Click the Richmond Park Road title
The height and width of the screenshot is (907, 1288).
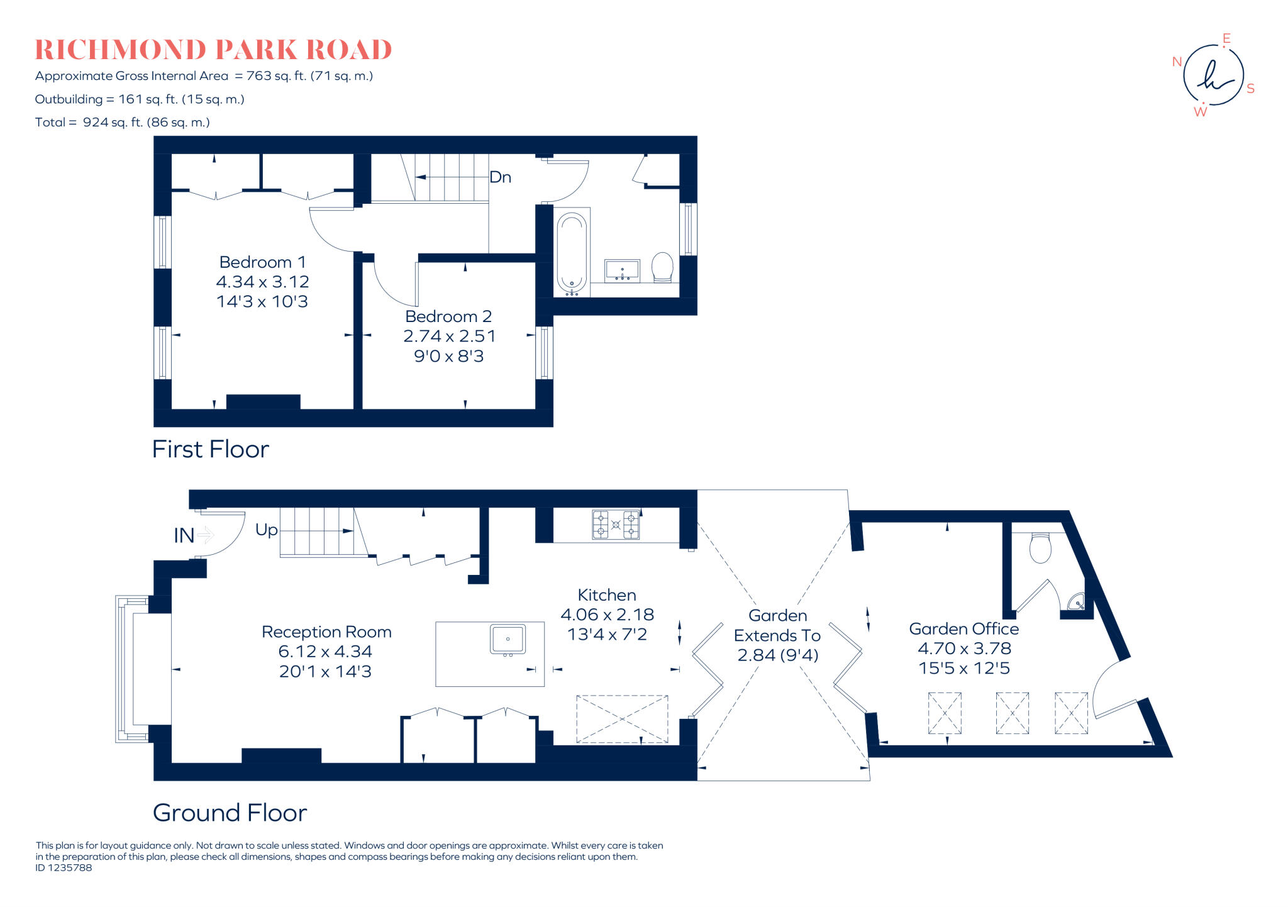[x=213, y=50]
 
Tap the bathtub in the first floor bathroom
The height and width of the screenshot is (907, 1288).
[x=571, y=253]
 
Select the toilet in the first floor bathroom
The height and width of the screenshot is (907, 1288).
[x=662, y=267]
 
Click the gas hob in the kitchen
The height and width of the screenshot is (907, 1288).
[x=616, y=525]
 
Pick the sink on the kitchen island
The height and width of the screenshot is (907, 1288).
[x=508, y=640]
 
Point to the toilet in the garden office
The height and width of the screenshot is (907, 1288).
[x=1040, y=547]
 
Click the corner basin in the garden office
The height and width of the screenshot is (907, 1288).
[x=1077, y=602]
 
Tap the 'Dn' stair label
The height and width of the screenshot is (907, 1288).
[x=500, y=177]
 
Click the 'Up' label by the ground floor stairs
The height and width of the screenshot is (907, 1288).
[x=266, y=530]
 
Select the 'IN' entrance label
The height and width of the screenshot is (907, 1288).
[x=184, y=536]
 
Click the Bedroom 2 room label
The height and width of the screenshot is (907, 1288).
[x=448, y=316]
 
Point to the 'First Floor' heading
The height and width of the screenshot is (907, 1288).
[x=210, y=449]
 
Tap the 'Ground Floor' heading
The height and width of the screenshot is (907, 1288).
[x=230, y=813]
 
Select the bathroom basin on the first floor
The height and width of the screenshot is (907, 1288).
[x=622, y=271]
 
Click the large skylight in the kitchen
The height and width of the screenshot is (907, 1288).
[x=622, y=718]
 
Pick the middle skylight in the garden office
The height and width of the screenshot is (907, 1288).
[x=1012, y=713]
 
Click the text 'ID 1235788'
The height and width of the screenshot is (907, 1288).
[x=64, y=868]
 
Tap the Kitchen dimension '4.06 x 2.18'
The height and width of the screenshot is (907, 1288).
[x=607, y=615]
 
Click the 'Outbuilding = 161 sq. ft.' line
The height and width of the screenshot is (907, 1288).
[x=140, y=99]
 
